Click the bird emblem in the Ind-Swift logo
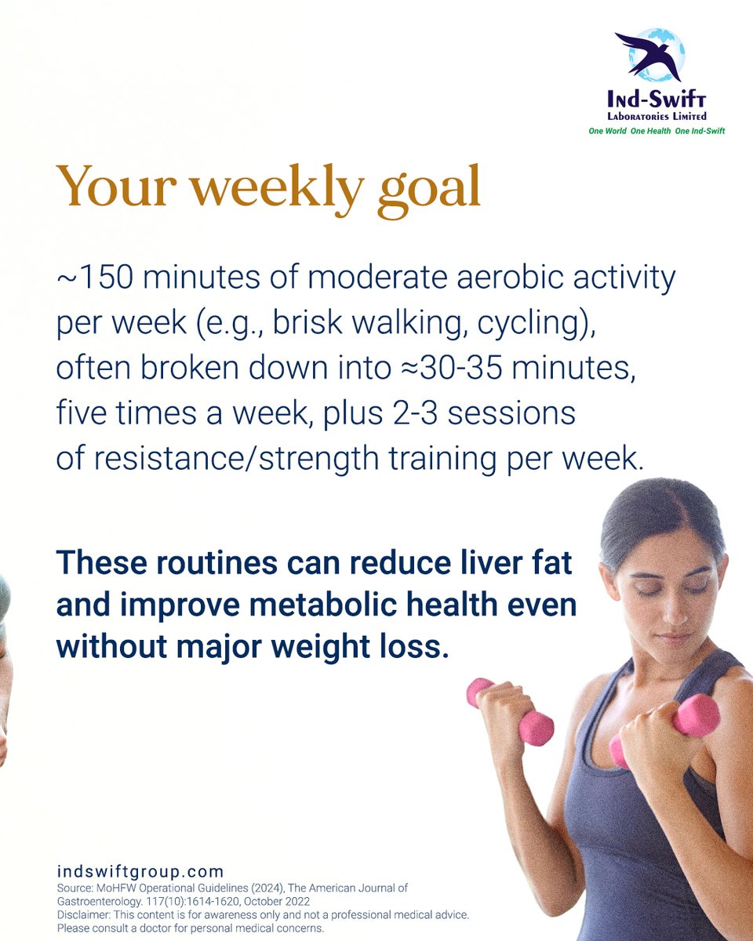[x=649, y=55]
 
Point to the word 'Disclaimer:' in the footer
[x=85, y=915]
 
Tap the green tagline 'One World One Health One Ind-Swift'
[x=657, y=131]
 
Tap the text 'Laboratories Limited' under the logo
[x=657, y=116]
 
